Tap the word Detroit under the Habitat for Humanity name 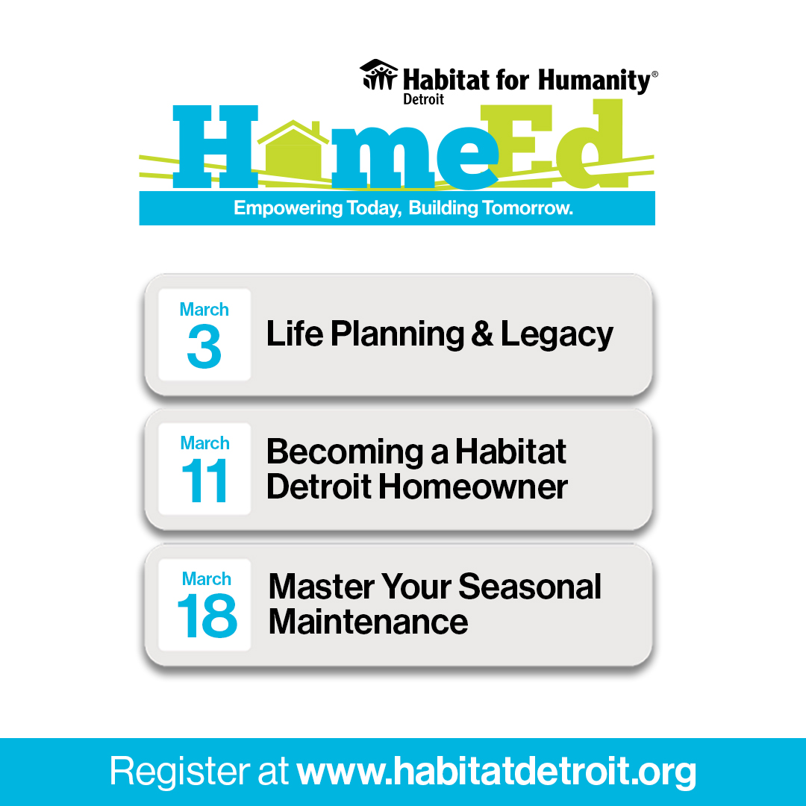point(424,99)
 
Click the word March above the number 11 point(204,443)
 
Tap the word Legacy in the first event point(557,335)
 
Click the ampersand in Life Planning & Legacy point(481,335)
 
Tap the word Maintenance point(368,622)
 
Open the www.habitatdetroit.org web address point(496,772)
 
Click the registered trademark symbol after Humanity point(655,75)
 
